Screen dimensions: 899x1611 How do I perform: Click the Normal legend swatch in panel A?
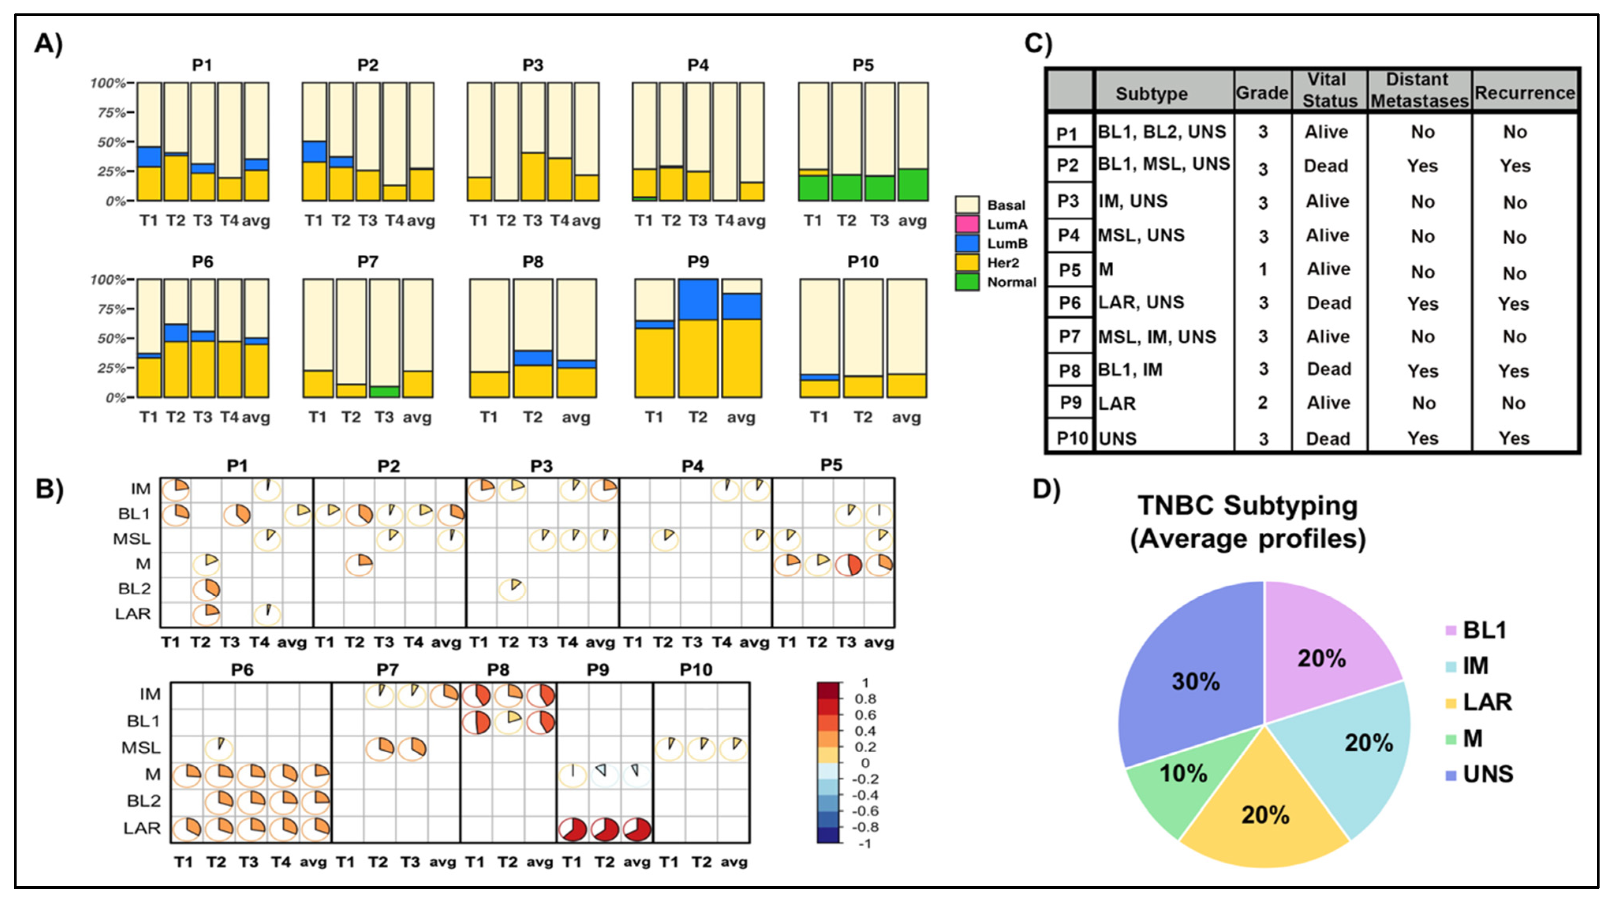point(967,282)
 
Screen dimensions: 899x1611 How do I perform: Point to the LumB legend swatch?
point(967,243)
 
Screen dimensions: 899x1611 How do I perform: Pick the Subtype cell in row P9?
point(1163,403)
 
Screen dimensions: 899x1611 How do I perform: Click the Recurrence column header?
point(1524,93)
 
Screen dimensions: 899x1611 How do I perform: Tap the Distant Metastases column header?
point(1419,90)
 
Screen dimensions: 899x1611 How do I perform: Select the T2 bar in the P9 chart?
point(697,338)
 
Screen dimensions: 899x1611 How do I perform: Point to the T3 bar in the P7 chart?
point(384,338)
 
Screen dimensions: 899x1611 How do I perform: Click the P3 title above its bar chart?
point(533,65)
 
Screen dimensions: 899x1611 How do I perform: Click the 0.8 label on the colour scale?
point(865,699)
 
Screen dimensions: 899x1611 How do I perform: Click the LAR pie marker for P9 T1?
point(573,830)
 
